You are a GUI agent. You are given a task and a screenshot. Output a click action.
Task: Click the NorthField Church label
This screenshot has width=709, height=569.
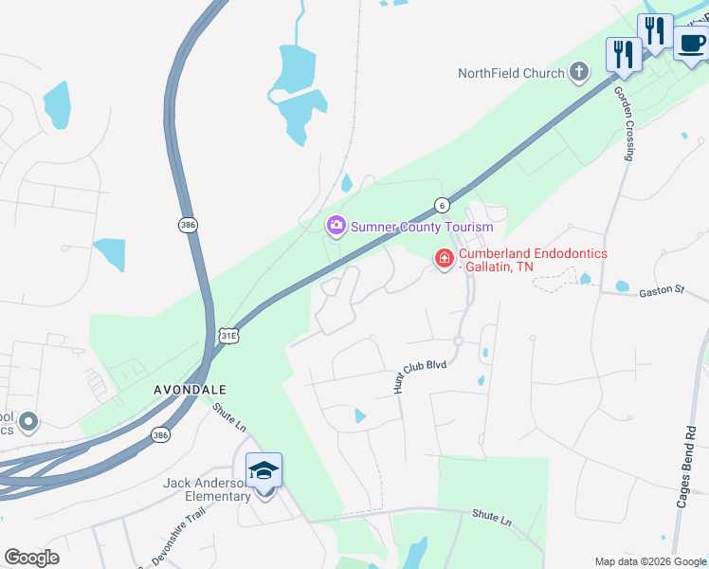tap(511, 73)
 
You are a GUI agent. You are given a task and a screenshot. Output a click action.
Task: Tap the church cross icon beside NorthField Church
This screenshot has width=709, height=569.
tap(579, 72)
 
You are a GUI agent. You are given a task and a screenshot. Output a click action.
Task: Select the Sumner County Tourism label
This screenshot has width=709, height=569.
tap(422, 227)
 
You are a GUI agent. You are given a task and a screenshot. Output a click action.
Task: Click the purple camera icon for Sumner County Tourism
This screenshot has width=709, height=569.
tap(336, 226)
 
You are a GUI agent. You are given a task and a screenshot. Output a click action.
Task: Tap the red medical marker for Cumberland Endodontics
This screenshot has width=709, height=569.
tap(443, 258)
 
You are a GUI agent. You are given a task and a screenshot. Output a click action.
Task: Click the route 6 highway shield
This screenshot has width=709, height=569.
tap(442, 204)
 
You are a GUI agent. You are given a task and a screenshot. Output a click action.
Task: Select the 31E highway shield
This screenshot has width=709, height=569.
tap(228, 336)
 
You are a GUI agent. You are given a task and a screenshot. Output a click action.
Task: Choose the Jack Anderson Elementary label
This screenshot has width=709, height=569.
tap(205, 488)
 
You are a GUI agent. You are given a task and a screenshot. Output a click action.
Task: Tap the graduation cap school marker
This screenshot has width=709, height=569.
tap(264, 470)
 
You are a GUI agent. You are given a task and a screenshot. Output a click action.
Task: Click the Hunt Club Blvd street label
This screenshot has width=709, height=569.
tap(419, 371)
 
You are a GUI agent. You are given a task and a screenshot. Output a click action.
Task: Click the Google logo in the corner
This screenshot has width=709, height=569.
tap(31, 558)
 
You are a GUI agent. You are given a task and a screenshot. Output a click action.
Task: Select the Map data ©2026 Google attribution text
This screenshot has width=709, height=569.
tap(649, 561)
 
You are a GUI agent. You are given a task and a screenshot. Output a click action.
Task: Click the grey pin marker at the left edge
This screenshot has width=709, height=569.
tap(28, 421)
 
